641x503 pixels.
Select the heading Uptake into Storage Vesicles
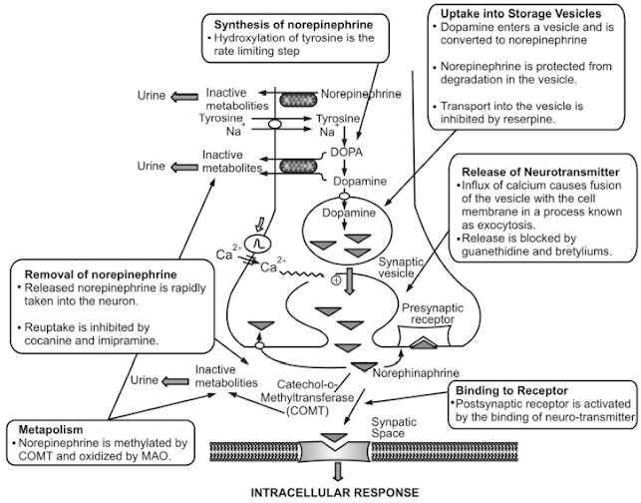pos(513,13)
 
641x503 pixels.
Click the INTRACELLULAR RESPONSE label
pos(322,493)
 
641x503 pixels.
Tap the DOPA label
pos(339,153)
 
